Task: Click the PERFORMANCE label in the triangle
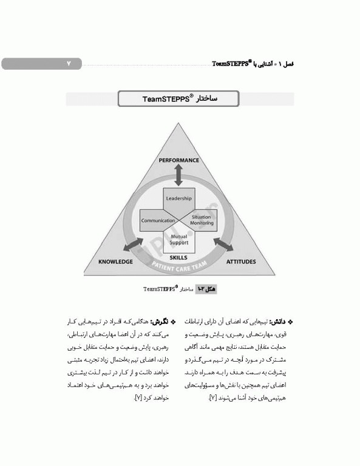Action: click(x=178, y=160)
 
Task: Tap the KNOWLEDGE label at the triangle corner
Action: click(x=115, y=262)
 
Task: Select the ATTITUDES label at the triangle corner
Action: click(x=241, y=262)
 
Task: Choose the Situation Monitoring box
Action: click(x=202, y=220)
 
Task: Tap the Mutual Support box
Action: click(x=178, y=240)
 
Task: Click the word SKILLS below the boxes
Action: click(x=178, y=257)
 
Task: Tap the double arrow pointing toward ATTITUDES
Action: click(x=225, y=245)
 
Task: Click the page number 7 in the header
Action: click(x=69, y=64)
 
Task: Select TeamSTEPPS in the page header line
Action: click(x=233, y=64)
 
